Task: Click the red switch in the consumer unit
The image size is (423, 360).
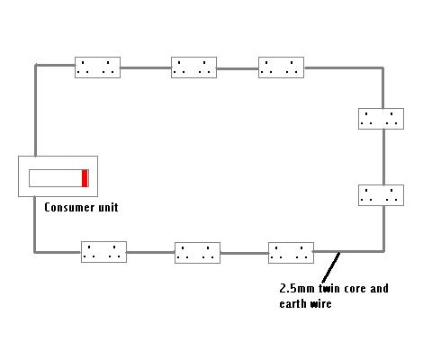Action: coord(85,178)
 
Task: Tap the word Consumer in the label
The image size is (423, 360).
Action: coord(67,207)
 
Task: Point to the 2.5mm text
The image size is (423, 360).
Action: coord(297,289)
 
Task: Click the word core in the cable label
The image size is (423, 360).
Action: coord(355,289)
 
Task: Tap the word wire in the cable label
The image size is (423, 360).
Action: coord(320,303)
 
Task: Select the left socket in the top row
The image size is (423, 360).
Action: coord(97,67)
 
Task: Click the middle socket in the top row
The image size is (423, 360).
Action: coord(193,67)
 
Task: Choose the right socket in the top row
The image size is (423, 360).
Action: coord(281,67)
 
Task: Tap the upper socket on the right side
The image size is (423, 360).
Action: coord(381,119)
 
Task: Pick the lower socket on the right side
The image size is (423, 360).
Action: coord(381,195)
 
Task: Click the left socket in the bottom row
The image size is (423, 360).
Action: coord(103,252)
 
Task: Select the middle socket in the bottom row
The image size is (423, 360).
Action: coord(197,253)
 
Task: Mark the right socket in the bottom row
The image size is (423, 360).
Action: coord(291,253)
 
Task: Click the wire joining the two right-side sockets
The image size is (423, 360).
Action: coord(383,157)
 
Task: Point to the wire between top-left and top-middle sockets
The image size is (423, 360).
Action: coord(146,67)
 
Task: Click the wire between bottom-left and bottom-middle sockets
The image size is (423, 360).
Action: coord(150,252)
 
